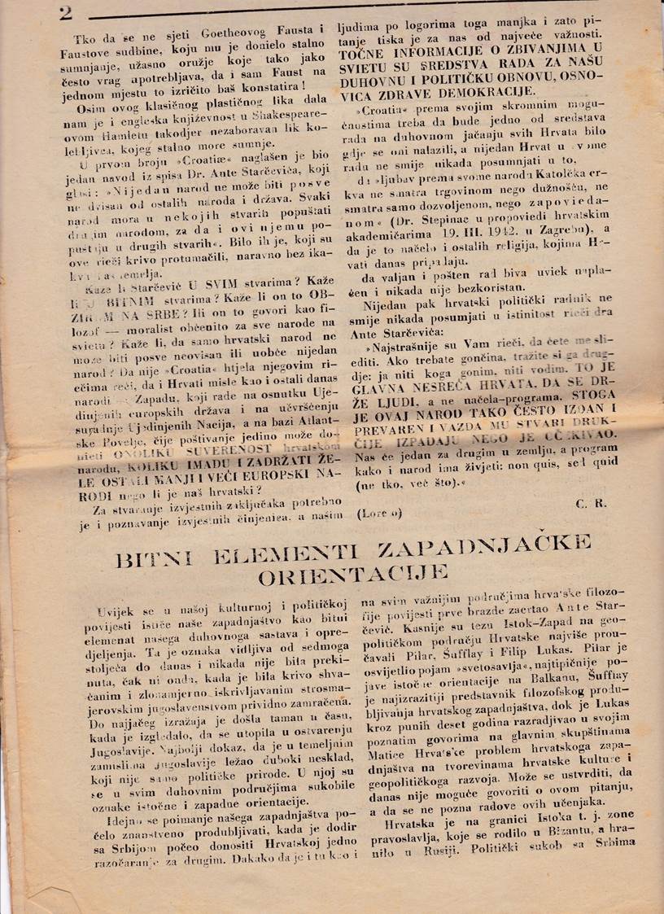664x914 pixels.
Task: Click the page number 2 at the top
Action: [x=64, y=11]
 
